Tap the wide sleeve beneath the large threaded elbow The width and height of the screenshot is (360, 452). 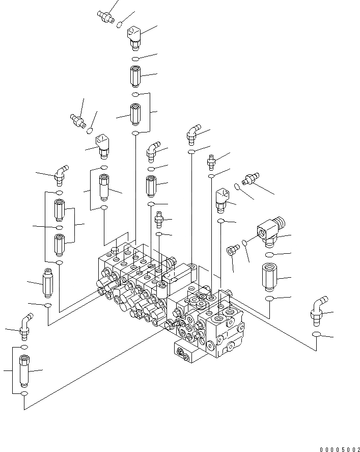pyautogui.click(x=269, y=276)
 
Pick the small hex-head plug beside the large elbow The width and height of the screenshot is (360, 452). pyautogui.click(x=232, y=250)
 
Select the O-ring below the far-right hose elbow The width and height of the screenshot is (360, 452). pyautogui.click(x=316, y=334)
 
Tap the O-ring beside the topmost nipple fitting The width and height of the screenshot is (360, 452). pyautogui.click(x=120, y=24)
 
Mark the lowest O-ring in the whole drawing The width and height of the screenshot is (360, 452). pyautogui.click(x=24, y=394)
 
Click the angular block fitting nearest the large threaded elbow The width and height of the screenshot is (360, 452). pyautogui.click(x=223, y=199)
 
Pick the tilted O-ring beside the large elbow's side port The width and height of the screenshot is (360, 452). pyautogui.click(x=244, y=243)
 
